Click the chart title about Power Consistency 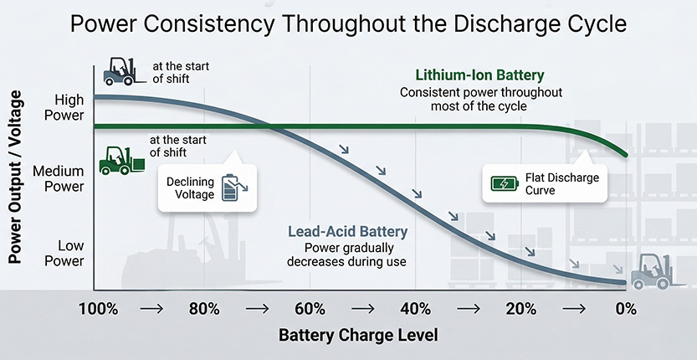pos(348,23)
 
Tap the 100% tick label pos(99,309)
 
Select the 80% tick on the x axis pos(204,309)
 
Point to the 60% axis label pos(310,309)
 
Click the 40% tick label pos(415,309)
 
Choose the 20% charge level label pos(520,309)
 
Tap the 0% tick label pos(625,309)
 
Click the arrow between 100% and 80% pos(151,309)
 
